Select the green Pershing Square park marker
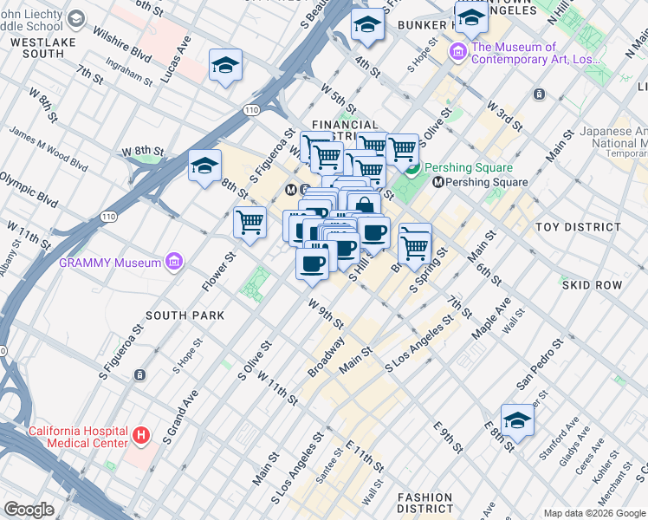pyautogui.click(x=413, y=168)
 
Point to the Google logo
pyautogui.click(x=29, y=510)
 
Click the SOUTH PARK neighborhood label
pyautogui.click(x=185, y=315)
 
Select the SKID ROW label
pyautogui.click(x=593, y=284)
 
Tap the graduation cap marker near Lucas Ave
pyautogui.click(x=225, y=66)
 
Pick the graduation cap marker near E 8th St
pyautogui.click(x=517, y=420)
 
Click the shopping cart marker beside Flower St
pyautogui.click(x=249, y=222)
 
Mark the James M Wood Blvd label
pyautogui.click(x=49, y=148)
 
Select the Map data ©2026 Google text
pyautogui.click(x=594, y=512)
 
